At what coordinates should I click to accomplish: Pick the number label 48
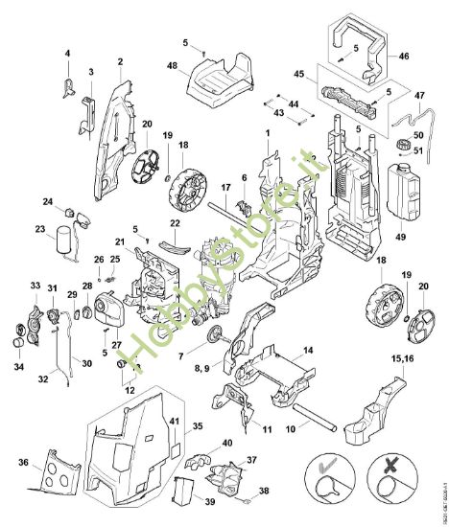(174, 67)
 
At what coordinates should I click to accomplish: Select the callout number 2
(120, 62)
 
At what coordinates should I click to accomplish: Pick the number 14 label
(309, 350)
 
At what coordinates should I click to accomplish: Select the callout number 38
(264, 490)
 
